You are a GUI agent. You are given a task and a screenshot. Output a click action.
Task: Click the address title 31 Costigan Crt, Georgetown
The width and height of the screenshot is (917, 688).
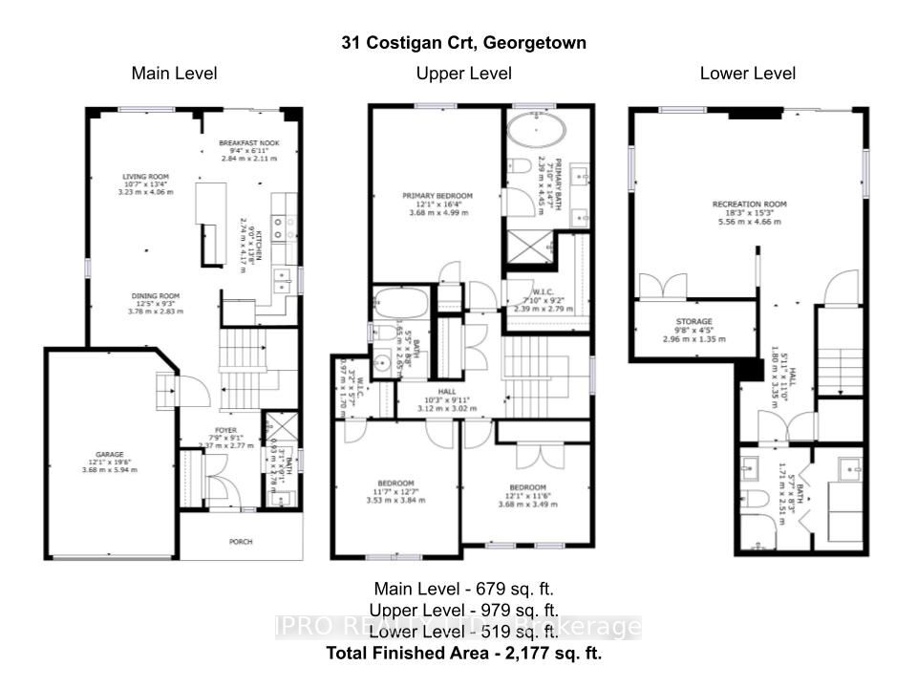tap(464, 43)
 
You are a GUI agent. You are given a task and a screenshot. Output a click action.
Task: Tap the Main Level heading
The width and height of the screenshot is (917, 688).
tap(174, 74)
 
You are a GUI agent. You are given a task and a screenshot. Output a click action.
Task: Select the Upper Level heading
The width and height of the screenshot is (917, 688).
tap(463, 74)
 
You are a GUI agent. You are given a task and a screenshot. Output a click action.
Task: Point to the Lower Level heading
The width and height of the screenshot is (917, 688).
tap(748, 74)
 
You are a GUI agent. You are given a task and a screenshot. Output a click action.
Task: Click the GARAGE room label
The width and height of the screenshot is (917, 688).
tap(109, 455)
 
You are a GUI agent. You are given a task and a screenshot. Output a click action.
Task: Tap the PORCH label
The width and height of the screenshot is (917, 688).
tap(241, 542)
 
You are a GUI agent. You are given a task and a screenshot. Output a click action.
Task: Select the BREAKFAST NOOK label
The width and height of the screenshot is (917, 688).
tap(248, 143)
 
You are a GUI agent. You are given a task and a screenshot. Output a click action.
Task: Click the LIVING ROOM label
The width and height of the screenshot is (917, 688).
tap(144, 177)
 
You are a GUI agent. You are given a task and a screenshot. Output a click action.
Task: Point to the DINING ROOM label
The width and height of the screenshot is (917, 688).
tap(156, 296)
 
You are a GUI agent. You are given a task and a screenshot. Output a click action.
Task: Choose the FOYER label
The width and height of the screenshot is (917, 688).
tap(225, 431)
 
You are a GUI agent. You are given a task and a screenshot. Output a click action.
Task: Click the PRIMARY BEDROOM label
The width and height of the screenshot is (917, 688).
tap(437, 196)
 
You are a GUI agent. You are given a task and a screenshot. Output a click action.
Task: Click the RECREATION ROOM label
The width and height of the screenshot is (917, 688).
tap(749, 204)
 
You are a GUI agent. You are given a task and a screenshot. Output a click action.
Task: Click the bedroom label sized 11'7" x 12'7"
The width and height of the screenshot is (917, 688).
tap(395, 483)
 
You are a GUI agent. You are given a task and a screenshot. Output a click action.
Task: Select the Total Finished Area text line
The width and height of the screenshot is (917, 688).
tap(464, 654)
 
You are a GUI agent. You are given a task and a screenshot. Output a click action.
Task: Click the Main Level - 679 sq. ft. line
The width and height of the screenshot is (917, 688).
tap(464, 589)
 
